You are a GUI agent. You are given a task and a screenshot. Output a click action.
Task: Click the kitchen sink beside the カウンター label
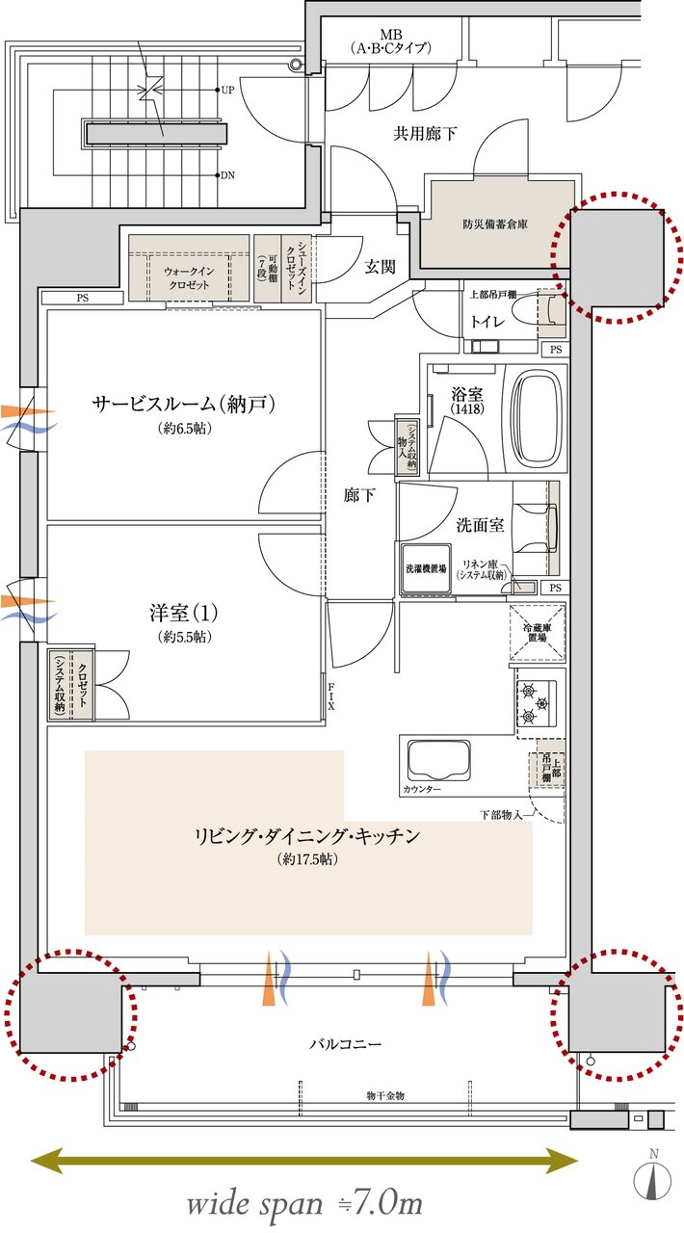point(439,761)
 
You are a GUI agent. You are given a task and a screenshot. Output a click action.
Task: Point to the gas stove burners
point(534,703)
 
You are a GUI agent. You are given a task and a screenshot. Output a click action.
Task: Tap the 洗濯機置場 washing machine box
point(424,569)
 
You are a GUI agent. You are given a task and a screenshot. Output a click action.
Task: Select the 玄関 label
point(380,267)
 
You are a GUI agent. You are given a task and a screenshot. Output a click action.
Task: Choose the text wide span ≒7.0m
point(304,1203)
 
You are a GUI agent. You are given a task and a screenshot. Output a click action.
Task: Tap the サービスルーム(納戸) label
point(184,405)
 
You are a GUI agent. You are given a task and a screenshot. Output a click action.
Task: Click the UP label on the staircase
point(227,90)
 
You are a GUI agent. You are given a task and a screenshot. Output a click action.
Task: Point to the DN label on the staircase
point(227,175)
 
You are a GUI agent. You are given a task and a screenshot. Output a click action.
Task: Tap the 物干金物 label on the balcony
point(384,1096)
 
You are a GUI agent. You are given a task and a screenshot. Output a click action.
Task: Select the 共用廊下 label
point(424,134)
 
